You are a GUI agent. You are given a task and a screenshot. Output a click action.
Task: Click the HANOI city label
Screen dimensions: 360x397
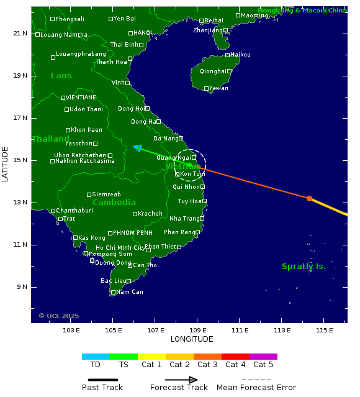142,33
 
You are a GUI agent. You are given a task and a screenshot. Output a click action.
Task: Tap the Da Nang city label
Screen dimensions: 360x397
165,138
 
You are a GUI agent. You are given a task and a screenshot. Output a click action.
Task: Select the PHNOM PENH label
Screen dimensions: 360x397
132,233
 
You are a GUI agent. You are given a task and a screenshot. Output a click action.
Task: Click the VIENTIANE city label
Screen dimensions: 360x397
80,98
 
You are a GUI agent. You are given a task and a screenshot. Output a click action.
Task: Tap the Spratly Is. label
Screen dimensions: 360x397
304,267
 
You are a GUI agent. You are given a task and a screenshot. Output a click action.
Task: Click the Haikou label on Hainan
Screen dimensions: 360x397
240,55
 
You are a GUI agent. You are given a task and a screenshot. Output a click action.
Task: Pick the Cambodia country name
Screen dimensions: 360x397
114,203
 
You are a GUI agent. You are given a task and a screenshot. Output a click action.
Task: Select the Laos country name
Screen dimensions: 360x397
61,76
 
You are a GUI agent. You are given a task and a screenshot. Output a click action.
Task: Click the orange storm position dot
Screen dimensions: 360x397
309,198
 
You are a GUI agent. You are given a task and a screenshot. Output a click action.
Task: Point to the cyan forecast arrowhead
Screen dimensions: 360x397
137,147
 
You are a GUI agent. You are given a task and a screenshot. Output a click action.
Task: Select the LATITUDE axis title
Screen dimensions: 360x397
6,164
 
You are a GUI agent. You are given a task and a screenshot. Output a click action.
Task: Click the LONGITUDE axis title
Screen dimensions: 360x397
192,339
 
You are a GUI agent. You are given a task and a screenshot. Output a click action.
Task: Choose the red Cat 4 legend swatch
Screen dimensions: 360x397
235,357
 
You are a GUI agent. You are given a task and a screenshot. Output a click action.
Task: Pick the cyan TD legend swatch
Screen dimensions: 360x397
96,357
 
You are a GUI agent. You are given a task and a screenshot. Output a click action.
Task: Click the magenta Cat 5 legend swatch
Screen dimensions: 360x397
263,357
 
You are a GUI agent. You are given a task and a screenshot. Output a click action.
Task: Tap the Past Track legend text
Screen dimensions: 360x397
102,388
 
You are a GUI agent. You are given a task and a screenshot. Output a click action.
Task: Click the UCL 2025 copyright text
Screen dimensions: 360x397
59,316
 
